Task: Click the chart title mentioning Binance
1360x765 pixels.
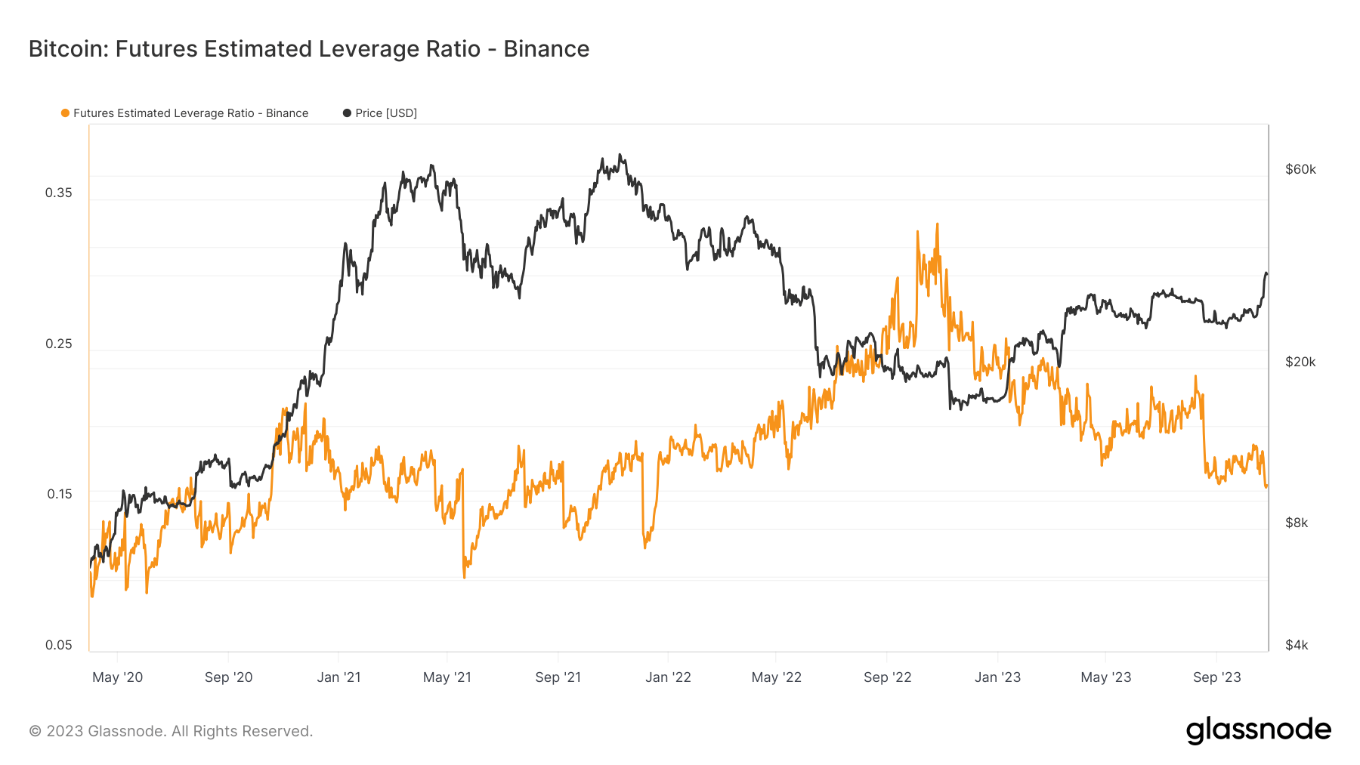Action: tap(308, 49)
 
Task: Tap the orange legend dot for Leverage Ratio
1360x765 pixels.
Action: tap(65, 113)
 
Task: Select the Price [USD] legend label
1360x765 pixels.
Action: tap(385, 113)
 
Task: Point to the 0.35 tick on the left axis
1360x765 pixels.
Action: tap(59, 193)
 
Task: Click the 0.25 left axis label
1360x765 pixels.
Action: tap(59, 344)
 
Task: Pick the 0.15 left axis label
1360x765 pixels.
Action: tap(60, 494)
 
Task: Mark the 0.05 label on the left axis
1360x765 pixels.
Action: tap(59, 645)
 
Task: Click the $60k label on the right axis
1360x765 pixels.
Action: tap(1300, 169)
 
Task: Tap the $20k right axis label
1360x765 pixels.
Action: tap(1300, 362)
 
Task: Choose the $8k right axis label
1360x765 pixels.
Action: tap(1297, 523)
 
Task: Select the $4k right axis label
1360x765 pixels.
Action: tap(1297, 645)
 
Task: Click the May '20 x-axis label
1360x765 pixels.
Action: tap(117, 677)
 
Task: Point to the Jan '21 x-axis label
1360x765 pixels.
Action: tap(338, 677)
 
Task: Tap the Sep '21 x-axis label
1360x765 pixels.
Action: tap(558, 677)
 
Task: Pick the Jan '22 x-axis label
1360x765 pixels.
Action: tap(668, 677)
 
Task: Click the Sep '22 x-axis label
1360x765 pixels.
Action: tap(887, 677)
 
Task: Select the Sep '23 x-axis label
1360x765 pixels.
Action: tap(1216, 677)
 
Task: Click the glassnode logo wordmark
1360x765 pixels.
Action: tap(1258, 730)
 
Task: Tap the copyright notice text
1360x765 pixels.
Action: tap(171, 731)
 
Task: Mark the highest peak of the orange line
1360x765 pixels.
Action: tap(937, 224)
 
